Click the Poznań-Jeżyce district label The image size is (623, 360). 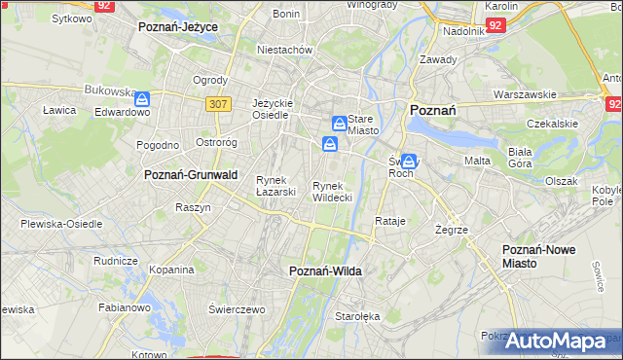click(178, 28)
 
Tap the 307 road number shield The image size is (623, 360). click(218, 102)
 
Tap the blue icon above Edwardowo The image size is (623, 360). click(142, 98)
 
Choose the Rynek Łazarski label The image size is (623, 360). click(275, 185)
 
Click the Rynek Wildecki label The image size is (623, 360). click(331, 191)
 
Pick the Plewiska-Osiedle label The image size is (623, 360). click(61, 223)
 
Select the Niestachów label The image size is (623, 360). click(284, 50)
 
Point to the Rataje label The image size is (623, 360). click(389, 221)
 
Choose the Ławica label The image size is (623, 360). click(59, 110)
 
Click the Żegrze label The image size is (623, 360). click(453, 230)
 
